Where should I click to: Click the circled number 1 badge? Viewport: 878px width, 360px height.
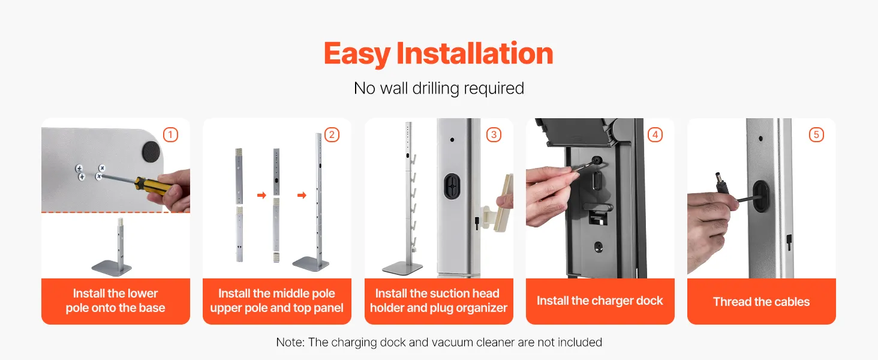[x=170, y=135]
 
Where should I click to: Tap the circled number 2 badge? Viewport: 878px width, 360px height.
[x=332, y=135]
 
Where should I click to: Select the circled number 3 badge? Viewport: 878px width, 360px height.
[x=494, y=135]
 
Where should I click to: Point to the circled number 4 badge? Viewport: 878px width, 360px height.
[x=655, y=135]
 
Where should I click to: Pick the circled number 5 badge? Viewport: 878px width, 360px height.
[x=816, y=135]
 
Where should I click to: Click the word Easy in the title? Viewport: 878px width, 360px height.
[x=357, y=54]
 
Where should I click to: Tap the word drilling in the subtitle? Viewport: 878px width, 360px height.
[x=435, y=89]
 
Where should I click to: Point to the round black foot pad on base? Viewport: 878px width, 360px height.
[x=151, y=152]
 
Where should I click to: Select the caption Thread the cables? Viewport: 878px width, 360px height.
[x=761, y=302]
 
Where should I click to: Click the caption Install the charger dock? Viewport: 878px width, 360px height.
[x=600, y=301]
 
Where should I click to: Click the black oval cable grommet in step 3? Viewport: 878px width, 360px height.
[x=452, y=186]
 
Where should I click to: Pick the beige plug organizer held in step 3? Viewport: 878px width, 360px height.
[x=498, y=208]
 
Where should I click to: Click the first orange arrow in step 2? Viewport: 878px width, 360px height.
[x=262, y=195]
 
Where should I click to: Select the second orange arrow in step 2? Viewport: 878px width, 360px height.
[x=302, y=195]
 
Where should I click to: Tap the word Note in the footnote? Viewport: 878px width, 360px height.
[x=289, y=343]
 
